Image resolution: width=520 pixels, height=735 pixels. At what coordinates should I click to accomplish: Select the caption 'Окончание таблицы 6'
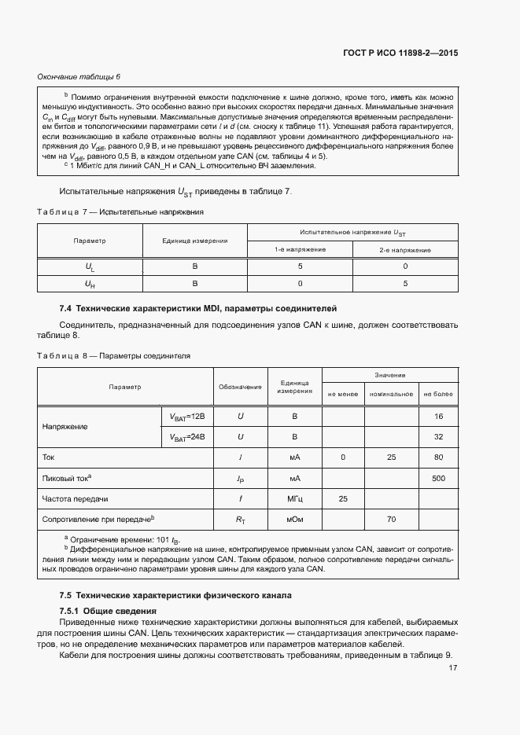pyautogui.click(x=79, y=76)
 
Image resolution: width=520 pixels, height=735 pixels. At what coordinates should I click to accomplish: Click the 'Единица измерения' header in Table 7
pyautogui.click(x=194, y=241)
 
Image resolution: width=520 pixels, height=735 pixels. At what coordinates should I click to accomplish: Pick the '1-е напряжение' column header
pyautogui.click(x=300, y=249)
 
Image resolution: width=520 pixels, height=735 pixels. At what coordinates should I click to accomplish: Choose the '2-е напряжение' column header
pyautogui.click(x=405, y=249)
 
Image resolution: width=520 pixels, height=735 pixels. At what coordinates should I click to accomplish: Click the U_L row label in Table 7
pyautogui.click(x=90, y=266)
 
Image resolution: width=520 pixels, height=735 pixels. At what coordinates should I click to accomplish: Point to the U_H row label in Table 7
pyautogui.click(x=90, y=283)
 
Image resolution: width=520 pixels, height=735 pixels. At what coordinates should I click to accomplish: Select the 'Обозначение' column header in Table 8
pyautogui.click(x=240, y=387)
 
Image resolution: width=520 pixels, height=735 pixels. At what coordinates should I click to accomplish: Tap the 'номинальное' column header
pyautogui.click(x=392, y=394)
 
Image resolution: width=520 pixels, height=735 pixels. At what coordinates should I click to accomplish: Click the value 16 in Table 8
pyautogui.click(x=438, y=416)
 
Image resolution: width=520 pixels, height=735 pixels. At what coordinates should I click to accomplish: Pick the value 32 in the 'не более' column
pyautogui.click(x=438, y=436)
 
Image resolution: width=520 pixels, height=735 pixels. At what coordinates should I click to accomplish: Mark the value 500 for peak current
pyautogui.click(x=438, y=478)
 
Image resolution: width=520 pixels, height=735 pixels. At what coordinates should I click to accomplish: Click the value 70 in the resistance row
pyautogui.click(x=391, y=519)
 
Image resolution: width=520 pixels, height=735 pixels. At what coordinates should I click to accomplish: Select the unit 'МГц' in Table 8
pyautogui.click(x=295, y=498)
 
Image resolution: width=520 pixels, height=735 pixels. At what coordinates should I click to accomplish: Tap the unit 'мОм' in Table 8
pyautogui.click(x=295, y=519)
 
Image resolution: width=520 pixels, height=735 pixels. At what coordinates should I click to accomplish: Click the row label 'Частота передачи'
pyautogui.click(x=75, y=498)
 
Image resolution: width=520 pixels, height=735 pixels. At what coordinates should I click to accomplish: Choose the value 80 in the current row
pyautogui.click(x=438, y=457)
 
